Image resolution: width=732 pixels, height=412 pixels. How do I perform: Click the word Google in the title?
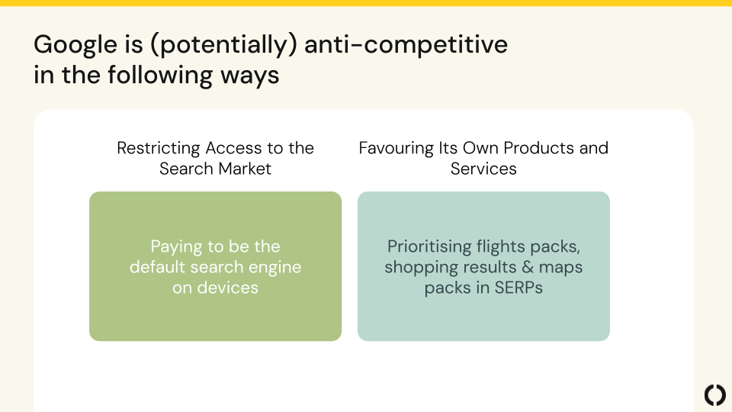tap(75, 46)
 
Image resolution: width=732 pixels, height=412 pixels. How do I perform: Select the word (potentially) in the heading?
tap(223, 45)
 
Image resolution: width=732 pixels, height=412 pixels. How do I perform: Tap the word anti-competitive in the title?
tap(406, 45)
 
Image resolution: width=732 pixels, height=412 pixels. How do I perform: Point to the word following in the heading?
tap(160, 76)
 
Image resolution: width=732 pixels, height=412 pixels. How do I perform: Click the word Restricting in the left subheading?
tap(159, 149)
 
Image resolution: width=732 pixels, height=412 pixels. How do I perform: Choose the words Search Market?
tap(215, 169)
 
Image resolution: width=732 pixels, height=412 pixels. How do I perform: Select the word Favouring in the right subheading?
tap(396, 149)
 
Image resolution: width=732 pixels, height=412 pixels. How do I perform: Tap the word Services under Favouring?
tap(483, 169)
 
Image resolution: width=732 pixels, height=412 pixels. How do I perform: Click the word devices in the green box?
tap(227, 288)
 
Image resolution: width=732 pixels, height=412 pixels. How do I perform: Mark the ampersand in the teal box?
tap(528, 267)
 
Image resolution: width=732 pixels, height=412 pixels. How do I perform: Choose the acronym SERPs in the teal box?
tap(518, 288)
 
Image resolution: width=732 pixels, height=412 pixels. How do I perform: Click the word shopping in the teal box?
tap(417, 268)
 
